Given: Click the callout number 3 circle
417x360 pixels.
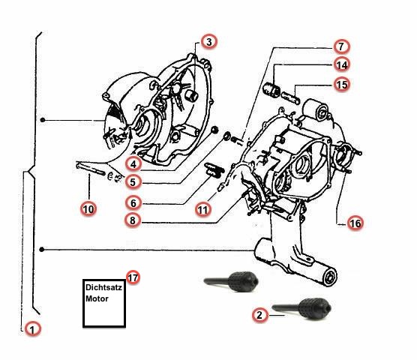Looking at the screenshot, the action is [x=209, y=42].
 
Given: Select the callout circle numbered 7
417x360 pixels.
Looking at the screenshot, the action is [x=341, y=46].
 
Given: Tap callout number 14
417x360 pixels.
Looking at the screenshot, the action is [x=342, y=64].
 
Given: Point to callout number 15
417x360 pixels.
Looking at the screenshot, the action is [x=342, y=85].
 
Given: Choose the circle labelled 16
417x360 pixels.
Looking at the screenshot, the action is [x=355, y=223].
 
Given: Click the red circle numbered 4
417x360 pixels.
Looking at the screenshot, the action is [x=133, y=164].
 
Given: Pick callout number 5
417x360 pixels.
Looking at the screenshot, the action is [x=133, y=182].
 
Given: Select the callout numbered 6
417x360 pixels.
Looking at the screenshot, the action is [x=133, y=203].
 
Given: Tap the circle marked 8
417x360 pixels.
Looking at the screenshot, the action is [x=133, y=220].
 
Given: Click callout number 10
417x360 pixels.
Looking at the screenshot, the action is [x=88, y=209].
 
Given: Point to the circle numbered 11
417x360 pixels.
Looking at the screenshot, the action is [x=203, y=209].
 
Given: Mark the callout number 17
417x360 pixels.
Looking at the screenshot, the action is [x=133, y=277].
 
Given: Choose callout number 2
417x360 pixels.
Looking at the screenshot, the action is [x=259, y=315].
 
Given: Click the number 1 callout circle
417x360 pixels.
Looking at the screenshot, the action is [x=33, y=329].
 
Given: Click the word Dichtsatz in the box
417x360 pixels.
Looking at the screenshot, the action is [x=103, y=287].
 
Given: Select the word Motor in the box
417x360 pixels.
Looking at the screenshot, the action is [x=97, y=298].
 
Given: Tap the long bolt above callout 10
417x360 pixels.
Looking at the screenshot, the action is [x=91, y=168].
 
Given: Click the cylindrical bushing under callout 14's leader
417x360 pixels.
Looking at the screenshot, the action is [x=271, y=89].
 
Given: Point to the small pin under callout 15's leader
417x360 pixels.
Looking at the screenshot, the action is [x=290, y=97].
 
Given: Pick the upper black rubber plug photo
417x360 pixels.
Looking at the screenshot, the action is [x=231, y=281].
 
